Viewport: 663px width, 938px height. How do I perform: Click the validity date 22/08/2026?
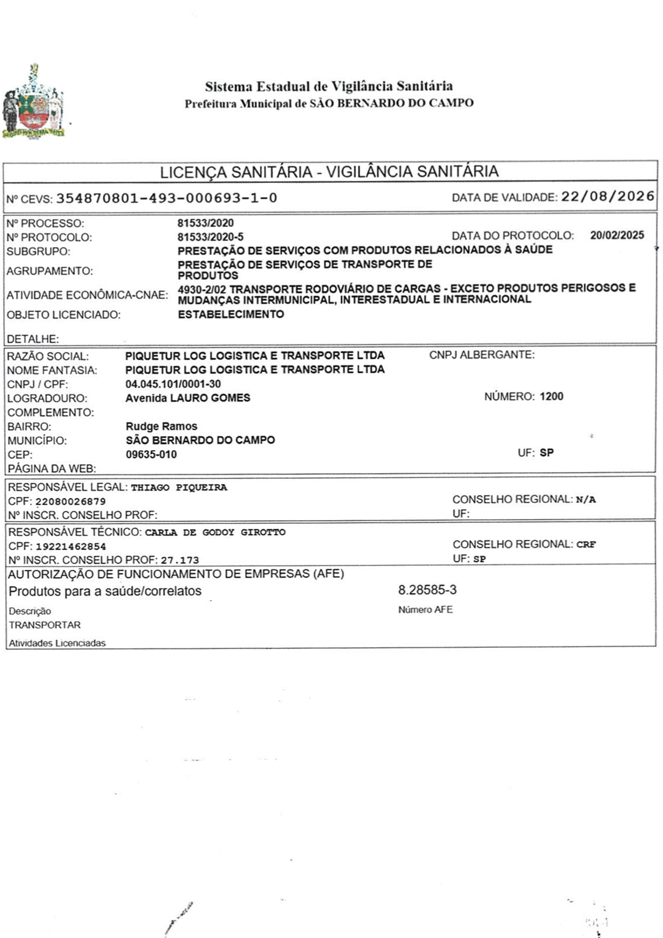pos(607,197)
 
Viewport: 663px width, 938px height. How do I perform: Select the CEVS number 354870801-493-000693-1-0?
pos(166,198)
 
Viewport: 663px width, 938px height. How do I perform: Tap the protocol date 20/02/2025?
pos(617,235)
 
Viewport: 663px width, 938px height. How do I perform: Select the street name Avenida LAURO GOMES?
pos(188,398)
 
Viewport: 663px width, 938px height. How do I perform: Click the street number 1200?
pos(551,397)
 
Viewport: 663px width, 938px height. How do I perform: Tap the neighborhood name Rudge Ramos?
pos(161,426)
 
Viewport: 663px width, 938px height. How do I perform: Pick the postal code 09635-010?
pos(151,454)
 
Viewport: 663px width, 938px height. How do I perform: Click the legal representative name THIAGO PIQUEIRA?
pos(179,487)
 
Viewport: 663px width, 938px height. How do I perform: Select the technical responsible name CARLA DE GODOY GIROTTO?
pos(215,532)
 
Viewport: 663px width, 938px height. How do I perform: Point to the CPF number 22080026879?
pos(70,501)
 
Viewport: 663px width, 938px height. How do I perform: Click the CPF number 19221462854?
pos(71,546)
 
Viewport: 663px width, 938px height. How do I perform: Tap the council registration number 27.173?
pos(180,560)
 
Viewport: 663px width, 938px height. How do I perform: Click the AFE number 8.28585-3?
pos(427,590)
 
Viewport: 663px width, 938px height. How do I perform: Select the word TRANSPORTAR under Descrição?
pos(44,625)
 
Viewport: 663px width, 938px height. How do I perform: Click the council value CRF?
pos(585,545)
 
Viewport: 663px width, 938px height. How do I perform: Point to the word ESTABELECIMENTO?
pos(230,314)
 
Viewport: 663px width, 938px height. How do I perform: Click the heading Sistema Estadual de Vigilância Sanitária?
pos(329,86)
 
